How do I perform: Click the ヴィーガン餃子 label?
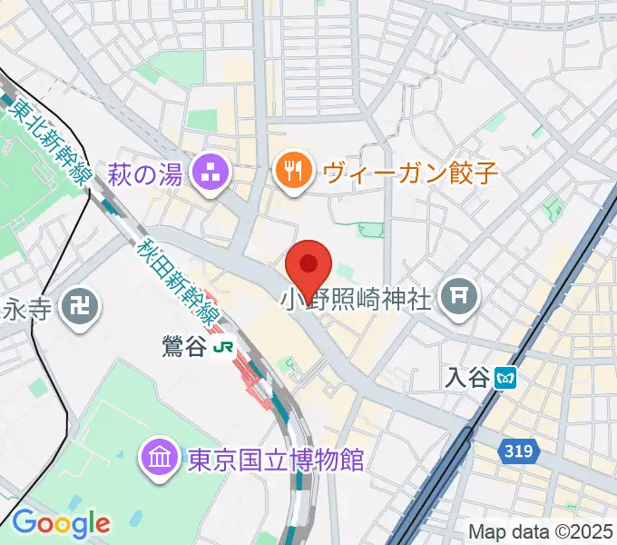(x=410, y=172)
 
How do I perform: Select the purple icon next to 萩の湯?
(x=214, y=172)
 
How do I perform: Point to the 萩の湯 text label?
(x=147, y=172)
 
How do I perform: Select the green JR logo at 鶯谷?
(x=222, y=349)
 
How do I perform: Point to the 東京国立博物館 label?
(x=276, y=460)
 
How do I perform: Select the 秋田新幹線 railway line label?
(x=179, y=282)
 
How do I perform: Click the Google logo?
(x=60, y=523)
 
